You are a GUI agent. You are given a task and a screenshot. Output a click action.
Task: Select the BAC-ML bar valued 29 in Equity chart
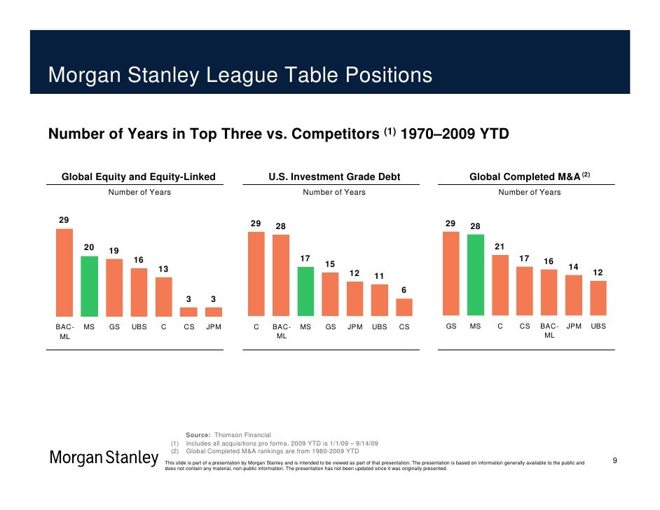pos(64,274)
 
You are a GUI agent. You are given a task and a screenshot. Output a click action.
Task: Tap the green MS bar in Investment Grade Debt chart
pos(305,291)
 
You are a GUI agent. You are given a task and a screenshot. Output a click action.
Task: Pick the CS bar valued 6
pos(404,308)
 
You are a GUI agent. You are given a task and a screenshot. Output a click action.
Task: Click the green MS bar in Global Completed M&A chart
pos(476,275)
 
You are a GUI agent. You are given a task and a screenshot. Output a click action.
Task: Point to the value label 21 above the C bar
pos(500,247)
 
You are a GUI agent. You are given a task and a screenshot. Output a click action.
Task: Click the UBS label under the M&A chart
pos(598,326)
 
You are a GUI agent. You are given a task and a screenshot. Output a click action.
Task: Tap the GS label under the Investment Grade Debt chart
pos(331,326)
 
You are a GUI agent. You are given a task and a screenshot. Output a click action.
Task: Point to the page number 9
pos(614,460)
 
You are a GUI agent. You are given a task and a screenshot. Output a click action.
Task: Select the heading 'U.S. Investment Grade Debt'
pos(334,177)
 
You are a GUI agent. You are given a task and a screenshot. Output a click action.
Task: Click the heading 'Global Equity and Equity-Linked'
pos(139,177)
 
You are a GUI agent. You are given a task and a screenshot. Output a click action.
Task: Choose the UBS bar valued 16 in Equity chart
pos(139,292)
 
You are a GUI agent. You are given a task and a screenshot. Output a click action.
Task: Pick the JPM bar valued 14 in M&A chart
pos(574,295)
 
